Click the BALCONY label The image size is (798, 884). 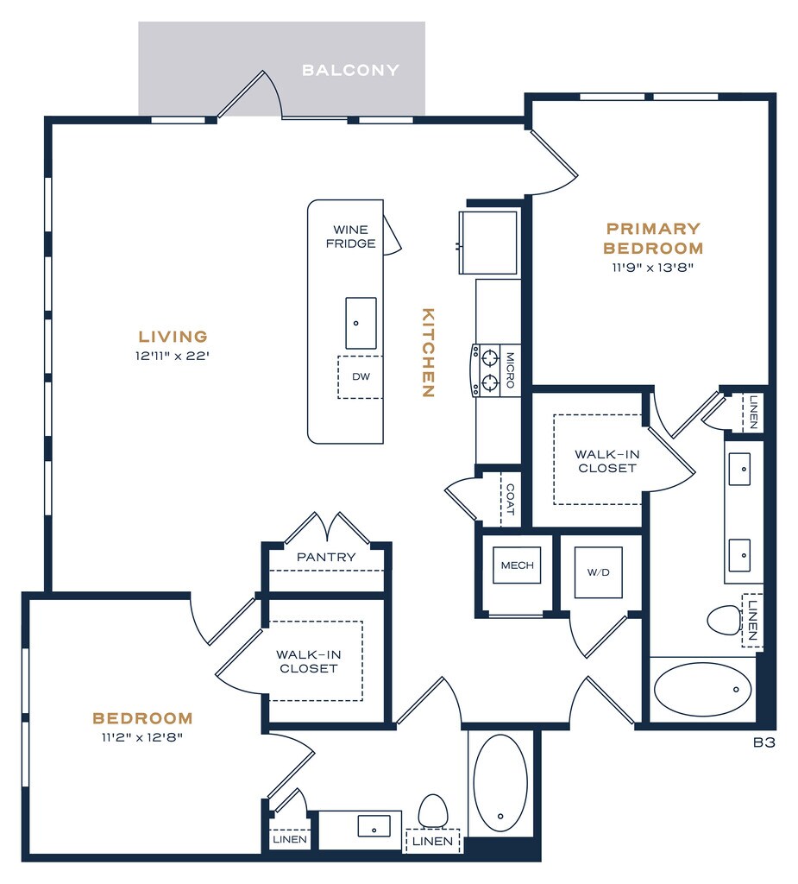point(350,70)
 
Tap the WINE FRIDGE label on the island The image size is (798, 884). point(350,237)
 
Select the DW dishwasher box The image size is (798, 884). point(361,377)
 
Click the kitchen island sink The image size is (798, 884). point(361,323)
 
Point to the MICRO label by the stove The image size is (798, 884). point(510,369)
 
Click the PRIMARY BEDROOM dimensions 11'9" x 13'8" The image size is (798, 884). point(652,268)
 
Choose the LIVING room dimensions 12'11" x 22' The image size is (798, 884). point(173,356)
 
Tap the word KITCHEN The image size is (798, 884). point(428,352)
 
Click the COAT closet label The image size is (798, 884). point(510,500)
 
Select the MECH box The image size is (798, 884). point(517,565)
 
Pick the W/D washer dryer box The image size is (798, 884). point(599,572)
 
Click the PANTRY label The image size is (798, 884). point(326,557)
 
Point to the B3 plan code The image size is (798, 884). point(764,742)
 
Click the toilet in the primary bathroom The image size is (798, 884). point(724,620)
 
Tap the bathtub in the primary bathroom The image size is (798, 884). point(703,690)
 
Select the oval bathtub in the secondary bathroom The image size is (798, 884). point(500,783)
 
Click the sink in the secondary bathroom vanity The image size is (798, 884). point(374,826)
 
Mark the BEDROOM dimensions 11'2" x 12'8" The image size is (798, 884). point(142,737)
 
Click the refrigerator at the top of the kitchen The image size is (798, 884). point(488,243)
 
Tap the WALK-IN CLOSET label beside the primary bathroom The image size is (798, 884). point(607,461)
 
